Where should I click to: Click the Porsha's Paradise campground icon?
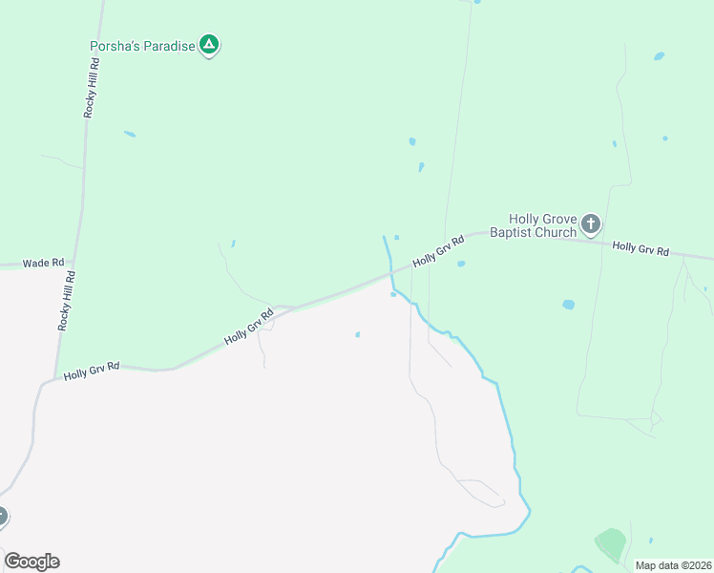209,44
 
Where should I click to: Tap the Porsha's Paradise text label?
142,45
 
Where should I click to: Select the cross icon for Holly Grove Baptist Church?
591,224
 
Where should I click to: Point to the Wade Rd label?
43,263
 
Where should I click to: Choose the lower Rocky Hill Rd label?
66,300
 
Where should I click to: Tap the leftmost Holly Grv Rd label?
92,370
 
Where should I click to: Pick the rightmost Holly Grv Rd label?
640,248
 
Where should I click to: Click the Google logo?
31,562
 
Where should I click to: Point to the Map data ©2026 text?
672,565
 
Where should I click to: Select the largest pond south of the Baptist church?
569,305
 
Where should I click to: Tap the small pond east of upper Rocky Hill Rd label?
129,134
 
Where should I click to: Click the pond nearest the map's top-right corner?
659,56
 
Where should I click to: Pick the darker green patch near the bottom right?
611,544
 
